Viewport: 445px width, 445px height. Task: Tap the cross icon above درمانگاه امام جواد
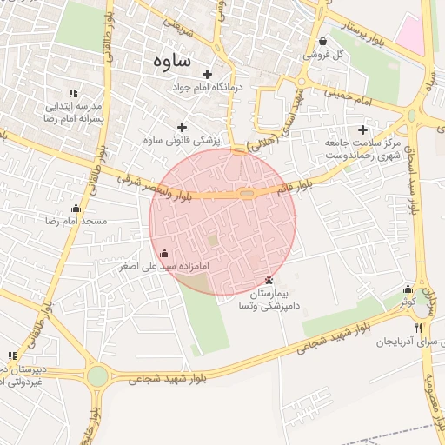tap(207, 75)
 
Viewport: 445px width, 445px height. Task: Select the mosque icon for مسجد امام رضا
tap(76, 208)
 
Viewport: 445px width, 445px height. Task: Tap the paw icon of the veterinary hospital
tap(269, 280)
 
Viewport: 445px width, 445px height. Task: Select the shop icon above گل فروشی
tap(323, 41)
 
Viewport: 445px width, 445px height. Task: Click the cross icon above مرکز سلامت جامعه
tap(362, 129)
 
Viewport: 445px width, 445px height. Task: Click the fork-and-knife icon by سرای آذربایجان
tap(418, 329)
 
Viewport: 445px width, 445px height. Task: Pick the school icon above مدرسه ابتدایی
tap(74, 93)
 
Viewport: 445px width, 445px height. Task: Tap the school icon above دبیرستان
tap(12, 355)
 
